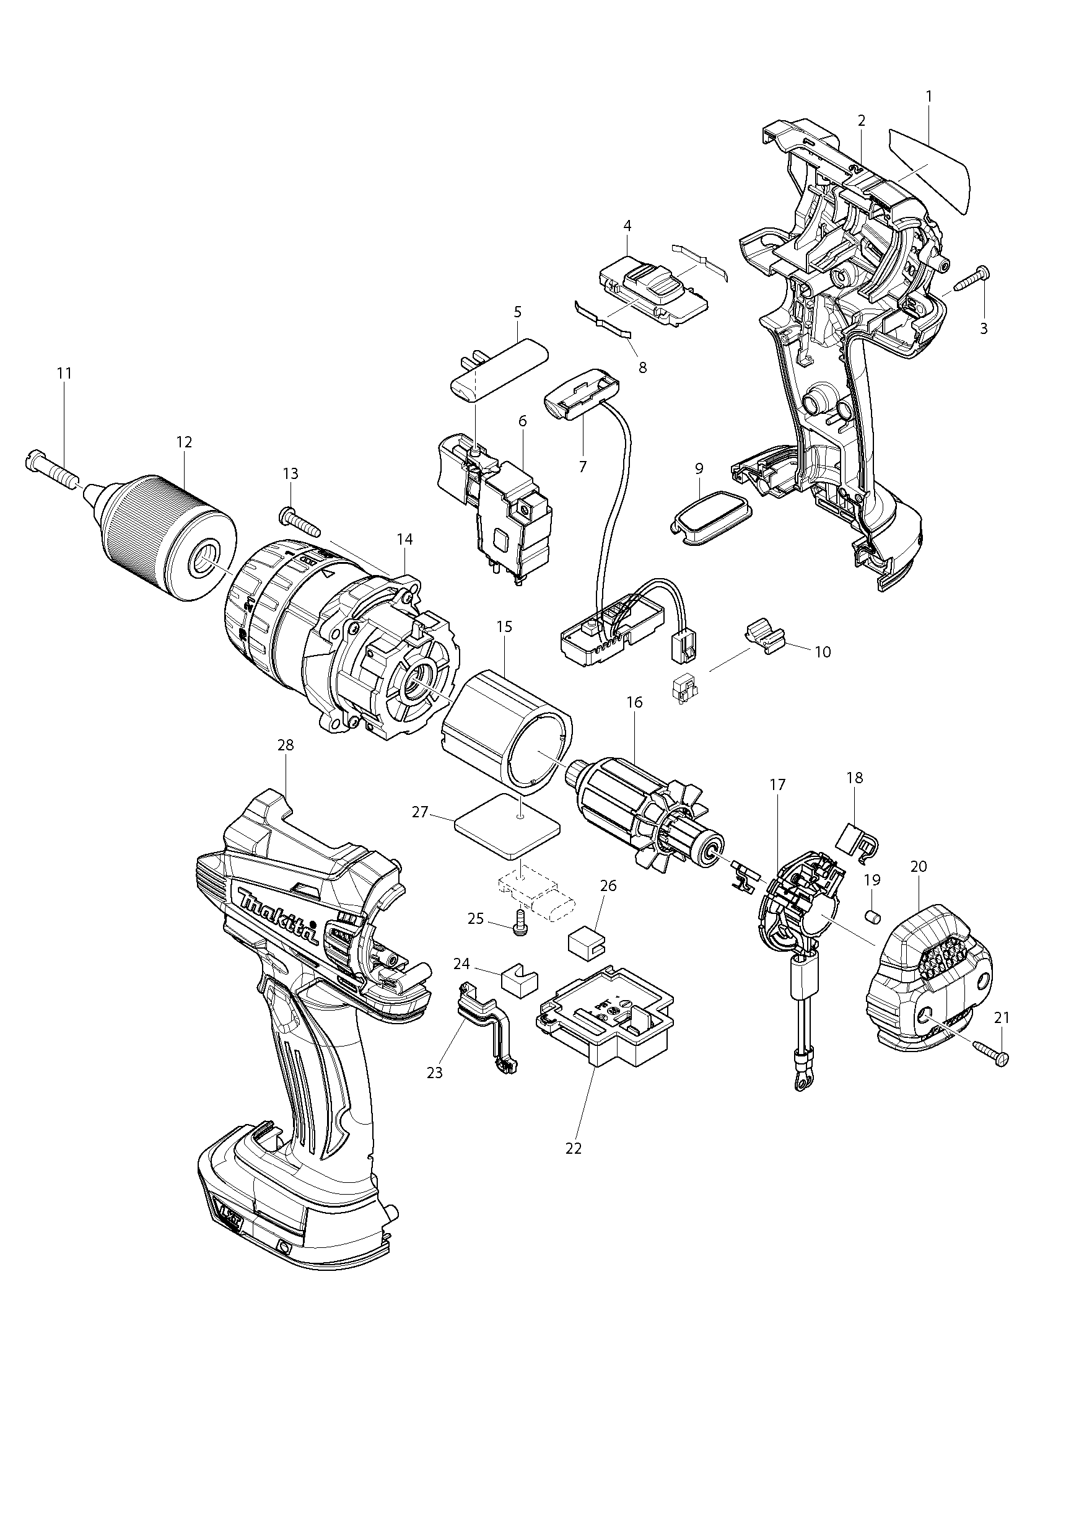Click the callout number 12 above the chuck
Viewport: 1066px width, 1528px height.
184,442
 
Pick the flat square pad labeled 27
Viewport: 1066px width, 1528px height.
509,833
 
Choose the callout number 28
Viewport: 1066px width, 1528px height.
286,745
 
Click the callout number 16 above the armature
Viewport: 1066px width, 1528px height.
634,701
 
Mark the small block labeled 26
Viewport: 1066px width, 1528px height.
583,942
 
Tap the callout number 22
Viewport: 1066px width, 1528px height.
573,1148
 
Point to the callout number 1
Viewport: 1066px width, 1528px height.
928,96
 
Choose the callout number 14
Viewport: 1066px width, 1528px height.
404,539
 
